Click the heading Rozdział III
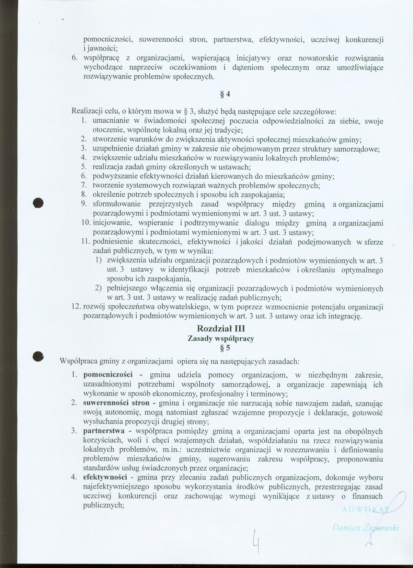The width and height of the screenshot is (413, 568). pyautogui.click(x=221, y=329)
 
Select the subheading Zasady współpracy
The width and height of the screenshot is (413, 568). pyautogui.click(x=221, y=339)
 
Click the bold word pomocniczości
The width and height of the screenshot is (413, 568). pyautogui.click(x=108, y=375)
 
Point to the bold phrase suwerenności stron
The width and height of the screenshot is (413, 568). pyautogui.click(x=116, y=403)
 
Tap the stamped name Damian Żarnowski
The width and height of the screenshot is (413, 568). pyautogui.click(x=365, y=528)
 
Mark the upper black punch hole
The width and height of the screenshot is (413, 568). pyautogui.click(x=38, y=203)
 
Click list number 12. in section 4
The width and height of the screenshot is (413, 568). pyautogui.click(x=76, y=306)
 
